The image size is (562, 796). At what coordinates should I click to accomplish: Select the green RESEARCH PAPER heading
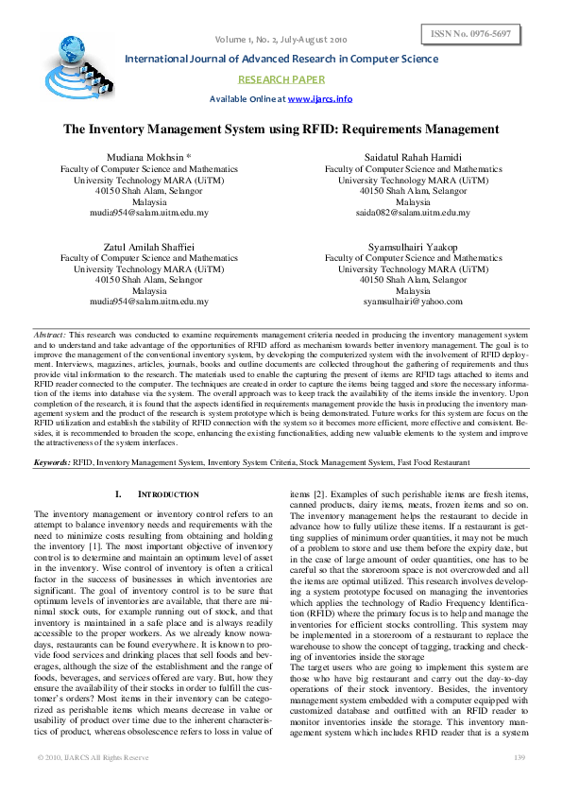(281, 79)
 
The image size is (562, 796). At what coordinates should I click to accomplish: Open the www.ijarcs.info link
(319, 98)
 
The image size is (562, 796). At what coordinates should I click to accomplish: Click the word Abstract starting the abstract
(49, 335)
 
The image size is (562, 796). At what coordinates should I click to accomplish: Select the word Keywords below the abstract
(52, 462)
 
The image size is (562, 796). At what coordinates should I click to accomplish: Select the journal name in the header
(281, 59)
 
